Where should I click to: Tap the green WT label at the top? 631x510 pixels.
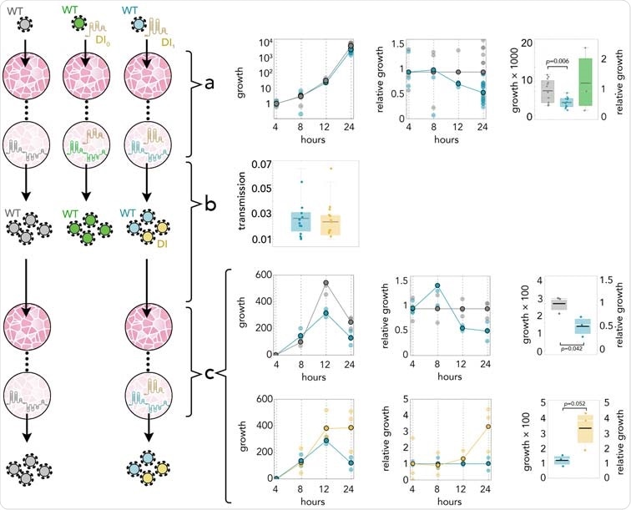click(x=71, y=10)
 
